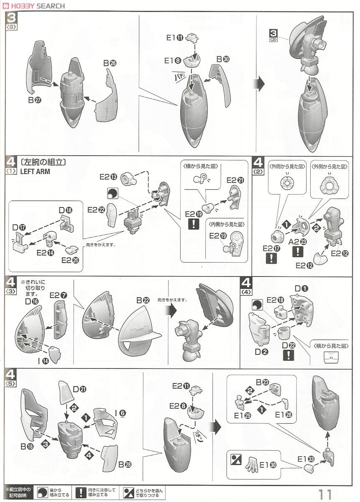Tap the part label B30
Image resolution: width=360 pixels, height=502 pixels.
pos(222,59)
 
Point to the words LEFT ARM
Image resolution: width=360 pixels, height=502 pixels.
pos(35,172)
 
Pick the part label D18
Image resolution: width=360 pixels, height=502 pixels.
pos(66,210)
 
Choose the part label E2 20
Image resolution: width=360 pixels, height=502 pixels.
pos(70,260)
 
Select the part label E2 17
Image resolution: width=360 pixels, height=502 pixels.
pos(271,248)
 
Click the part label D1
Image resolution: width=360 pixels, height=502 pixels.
pos(301,288)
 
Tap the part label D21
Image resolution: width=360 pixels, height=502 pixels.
pos(79,389)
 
